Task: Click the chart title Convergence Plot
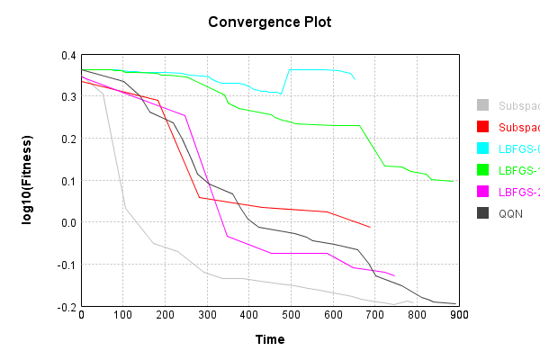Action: [269, 22]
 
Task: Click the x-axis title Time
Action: [269, 339]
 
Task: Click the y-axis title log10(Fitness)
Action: [28, 181]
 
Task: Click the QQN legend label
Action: [511, 213]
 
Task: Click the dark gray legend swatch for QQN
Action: [483, 213]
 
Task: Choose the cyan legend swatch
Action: [483, 148]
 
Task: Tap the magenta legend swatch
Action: [483, 192]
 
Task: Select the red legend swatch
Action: [483, 127]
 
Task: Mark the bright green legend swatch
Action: [483, 170]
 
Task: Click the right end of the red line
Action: [370, 227]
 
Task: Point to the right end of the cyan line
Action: [355, 80]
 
